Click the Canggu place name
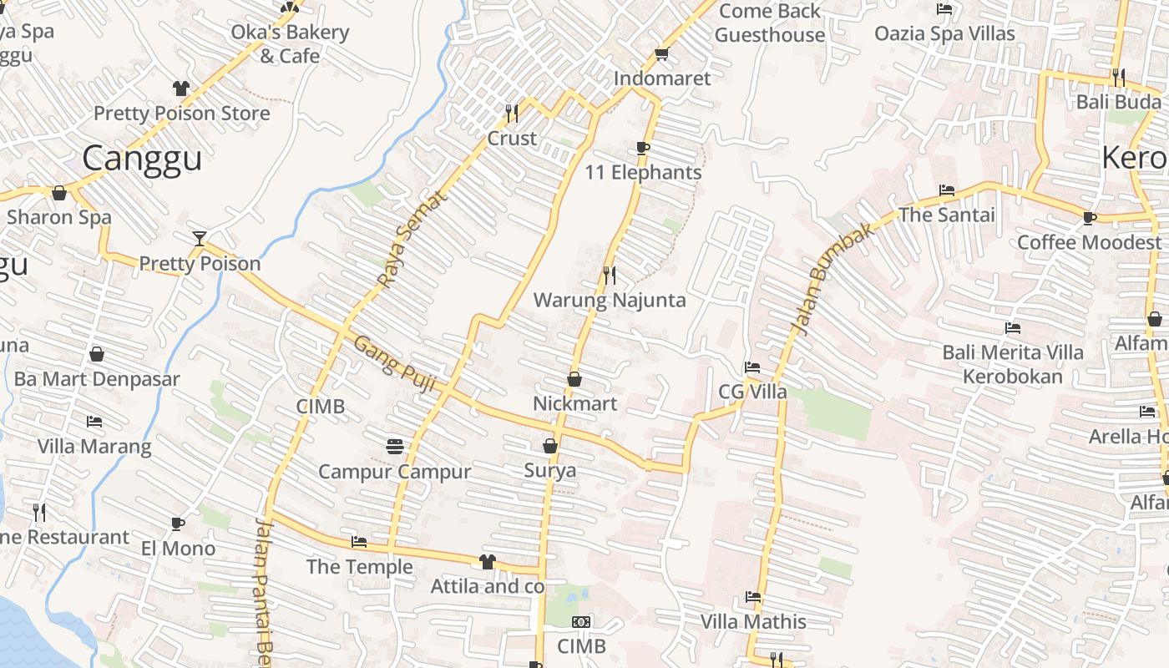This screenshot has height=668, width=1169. pos(142,158)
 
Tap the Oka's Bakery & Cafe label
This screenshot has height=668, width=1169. pos(290,44)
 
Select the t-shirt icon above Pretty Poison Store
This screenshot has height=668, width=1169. pos(180,89)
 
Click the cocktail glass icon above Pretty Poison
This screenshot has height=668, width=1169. pos(199,239)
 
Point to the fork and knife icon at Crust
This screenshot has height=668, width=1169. pos(511,113)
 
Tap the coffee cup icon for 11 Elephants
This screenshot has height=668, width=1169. pos(642,148)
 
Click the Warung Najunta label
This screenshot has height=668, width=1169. pos(610,300)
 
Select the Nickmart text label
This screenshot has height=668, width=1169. pos(575,403)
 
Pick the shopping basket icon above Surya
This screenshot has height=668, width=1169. pos(550,446)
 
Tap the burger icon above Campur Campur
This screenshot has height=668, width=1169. pos(395,447)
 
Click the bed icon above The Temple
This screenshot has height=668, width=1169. pos(359,542)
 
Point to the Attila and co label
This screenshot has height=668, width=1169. pos(487,587)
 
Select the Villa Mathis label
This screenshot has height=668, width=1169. pos(753,621)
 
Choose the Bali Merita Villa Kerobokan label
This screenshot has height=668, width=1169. pos(1013,364)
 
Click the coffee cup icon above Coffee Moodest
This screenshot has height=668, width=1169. pos(1089,218)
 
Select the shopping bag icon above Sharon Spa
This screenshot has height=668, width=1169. pos(59,193)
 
